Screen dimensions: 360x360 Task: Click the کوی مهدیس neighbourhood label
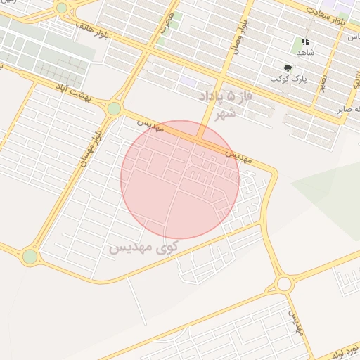click(x=143, y=247)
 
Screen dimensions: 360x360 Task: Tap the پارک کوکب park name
click(x=286, y=79)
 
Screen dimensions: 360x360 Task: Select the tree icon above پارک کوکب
click(x=288, y=67)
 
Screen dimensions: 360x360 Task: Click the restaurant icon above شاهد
click(x=305, y=41)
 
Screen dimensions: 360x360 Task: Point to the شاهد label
click(x=305, y=53)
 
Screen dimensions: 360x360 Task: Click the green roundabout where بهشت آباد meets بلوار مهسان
click(x=114, y=108)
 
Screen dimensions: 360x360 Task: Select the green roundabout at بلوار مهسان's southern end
click(x=30, y=257)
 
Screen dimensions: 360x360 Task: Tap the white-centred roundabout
click(x=284, y=283)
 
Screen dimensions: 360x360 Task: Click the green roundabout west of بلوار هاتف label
click(x=62, y=8)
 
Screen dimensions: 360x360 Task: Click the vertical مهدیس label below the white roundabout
click(x=295, y=323)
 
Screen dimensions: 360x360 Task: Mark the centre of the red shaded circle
click(x=180, y=179)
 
